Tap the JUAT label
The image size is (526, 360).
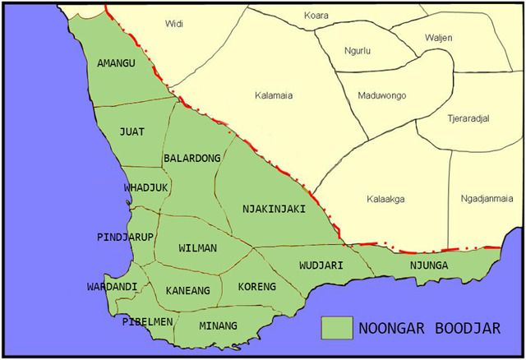click(x=131, y=132)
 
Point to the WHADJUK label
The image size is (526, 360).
click(x=145, y=188)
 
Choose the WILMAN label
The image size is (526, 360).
click(x=197, y=247)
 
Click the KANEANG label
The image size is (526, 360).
click(x=187, y=290)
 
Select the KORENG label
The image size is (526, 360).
click(x=257, y=287)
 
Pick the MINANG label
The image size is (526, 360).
click(x=218, y=326)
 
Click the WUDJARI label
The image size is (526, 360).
click(x=321, y=265)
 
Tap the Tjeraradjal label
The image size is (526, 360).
click(x=468, y=118)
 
